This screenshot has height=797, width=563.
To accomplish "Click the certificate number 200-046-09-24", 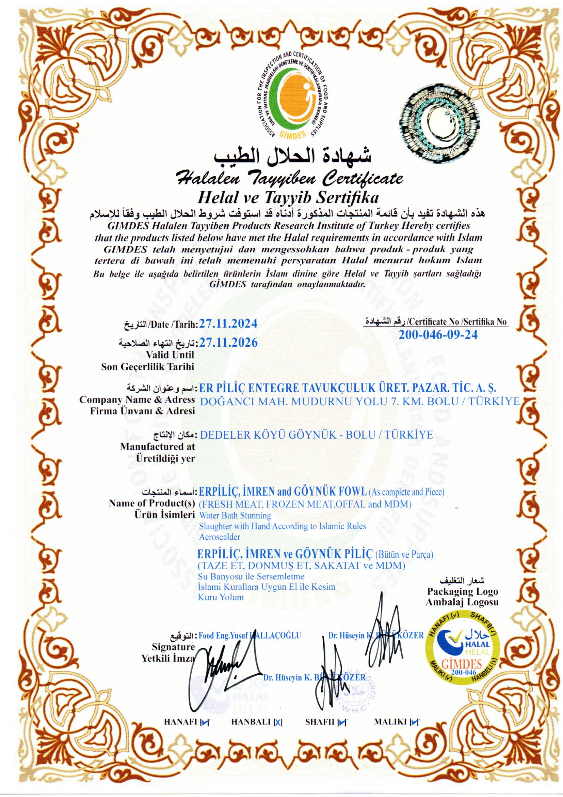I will click(438, 335).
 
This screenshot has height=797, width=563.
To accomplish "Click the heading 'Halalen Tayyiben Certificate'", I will click(289, 179).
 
